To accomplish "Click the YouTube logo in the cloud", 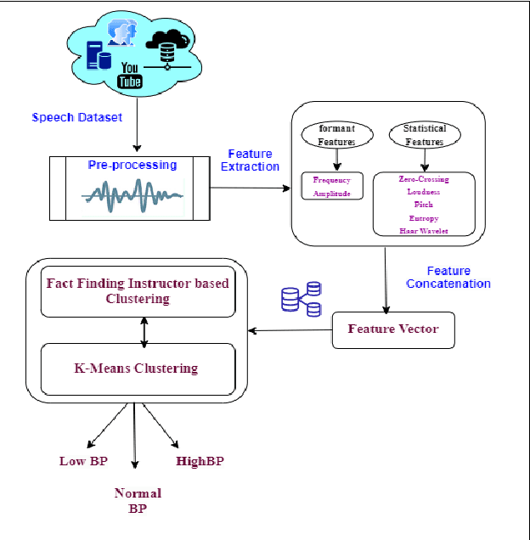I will (130, 76).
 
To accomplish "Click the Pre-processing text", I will (132, 165).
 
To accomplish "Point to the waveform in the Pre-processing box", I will (132, 196).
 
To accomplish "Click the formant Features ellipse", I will (336, 135).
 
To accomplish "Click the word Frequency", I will (332, 181).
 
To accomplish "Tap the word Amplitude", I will (332, 194).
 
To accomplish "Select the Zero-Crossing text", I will (424, 179).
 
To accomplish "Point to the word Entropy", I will (424, 218).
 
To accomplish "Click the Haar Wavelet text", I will (424, 231).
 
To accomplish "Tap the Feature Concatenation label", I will (448, 278).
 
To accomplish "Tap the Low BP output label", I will (83, 461).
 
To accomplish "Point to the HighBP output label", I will (200, 461).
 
